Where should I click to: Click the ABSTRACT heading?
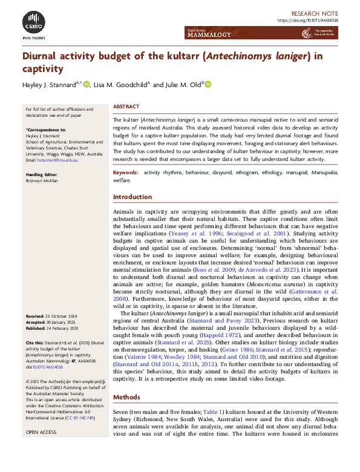tap(125, 107)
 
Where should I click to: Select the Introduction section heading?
tap(133, 197)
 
